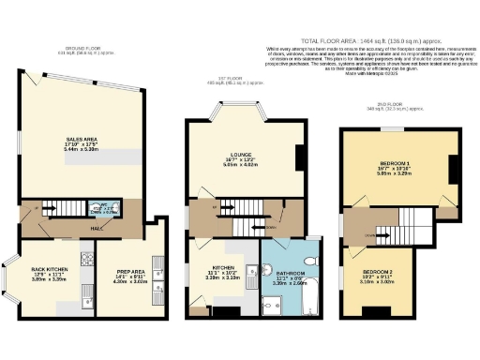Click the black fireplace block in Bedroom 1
point(450,169)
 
